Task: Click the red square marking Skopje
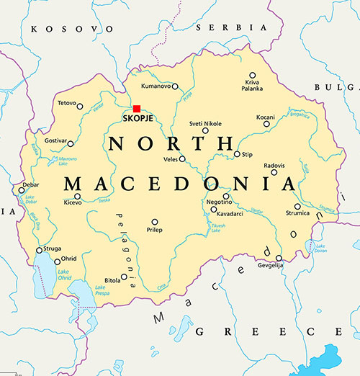pos(137,109)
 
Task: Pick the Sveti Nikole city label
pos(205,123)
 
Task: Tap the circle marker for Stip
pos(237,154)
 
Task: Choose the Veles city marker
pos(182,159)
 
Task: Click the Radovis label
pos(274,164)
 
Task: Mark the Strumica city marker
pos(297,206)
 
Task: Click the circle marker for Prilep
pos(154,222)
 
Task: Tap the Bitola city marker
pos(125,277)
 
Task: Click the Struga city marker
pos(39,251)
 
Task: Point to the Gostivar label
pos(58,142)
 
